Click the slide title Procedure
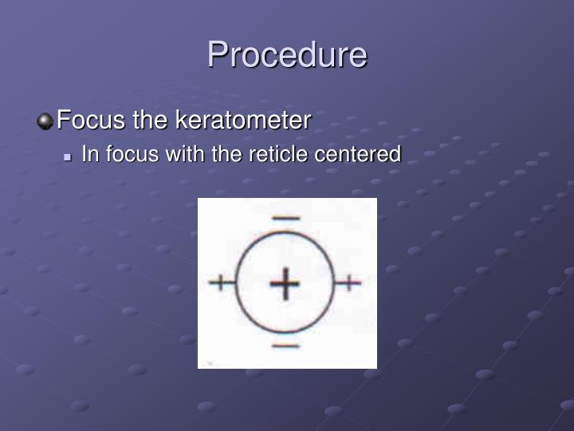(x=287, y=55)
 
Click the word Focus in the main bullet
(x=88, y=121)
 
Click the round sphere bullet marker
(x=45, y=121)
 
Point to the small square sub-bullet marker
(x=69, y=156)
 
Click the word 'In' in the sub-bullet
(x=89, y=154)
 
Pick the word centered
(x=357, y=154)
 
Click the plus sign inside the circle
(x=285, y=284)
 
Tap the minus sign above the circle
(x=285, y=218)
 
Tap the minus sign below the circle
(x=285, y=346)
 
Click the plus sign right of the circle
(x=349, y=282)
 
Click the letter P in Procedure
(x=218, y=55)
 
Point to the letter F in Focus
(x=65, y=121)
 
